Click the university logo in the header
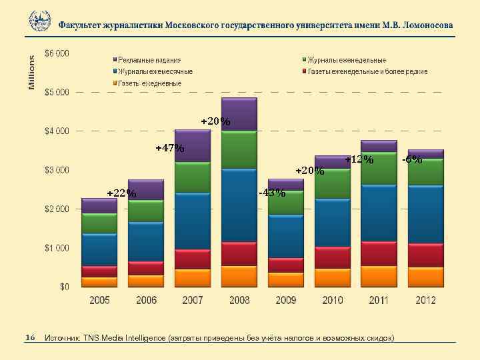tap(40, 21)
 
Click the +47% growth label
tap(169, 148)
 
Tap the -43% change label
tap(271, 193)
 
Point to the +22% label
tap(121, 194)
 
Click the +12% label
tap(359, 160)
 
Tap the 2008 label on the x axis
tap(239, 301)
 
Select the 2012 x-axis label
tap(425, 301)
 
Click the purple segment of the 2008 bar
tap(239, 115)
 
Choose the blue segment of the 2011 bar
tap(379, 213)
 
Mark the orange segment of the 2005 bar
tap(99, 282)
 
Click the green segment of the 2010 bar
tap(332, 184)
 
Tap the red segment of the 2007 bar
tap(193, 259)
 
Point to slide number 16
tap(29, 338)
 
